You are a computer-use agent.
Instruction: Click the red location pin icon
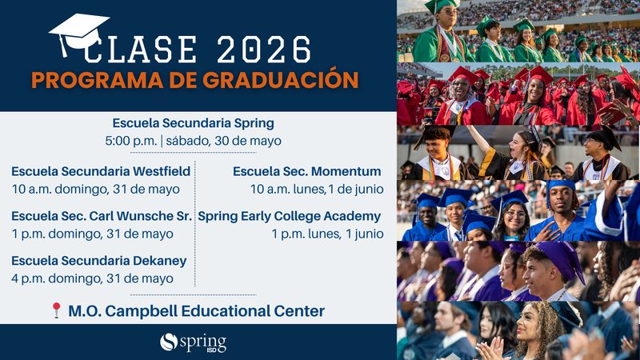tap(56, 310)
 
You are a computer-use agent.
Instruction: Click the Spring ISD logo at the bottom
tap(193, 342)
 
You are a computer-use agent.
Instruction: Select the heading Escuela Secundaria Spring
tap(193, 123)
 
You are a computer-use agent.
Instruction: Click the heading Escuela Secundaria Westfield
tap(101, 171)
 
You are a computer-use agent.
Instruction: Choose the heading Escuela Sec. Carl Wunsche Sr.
tap(101, 216)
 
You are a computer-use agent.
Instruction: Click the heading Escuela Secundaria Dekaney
tap(98, 261)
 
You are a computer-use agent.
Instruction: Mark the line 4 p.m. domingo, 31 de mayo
tap(92, 278)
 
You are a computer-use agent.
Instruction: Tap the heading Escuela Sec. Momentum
tap(306, 171)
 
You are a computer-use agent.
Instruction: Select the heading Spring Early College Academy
tap(289, 216)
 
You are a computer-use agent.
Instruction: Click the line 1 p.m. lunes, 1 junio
tap(327, 234)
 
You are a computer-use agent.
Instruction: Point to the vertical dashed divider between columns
tap(195, 224)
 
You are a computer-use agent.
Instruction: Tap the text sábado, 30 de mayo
tap(223, 141)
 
